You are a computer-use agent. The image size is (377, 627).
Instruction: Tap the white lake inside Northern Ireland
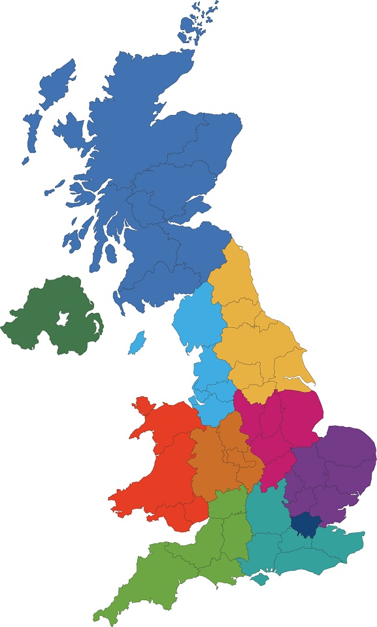63,319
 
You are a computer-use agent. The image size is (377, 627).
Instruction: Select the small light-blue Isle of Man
137,342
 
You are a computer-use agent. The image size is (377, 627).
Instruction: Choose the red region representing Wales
160,457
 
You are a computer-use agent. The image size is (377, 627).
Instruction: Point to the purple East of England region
333,464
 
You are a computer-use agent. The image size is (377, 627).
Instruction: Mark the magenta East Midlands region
278,425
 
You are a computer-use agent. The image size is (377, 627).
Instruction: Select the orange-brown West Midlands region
219,457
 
